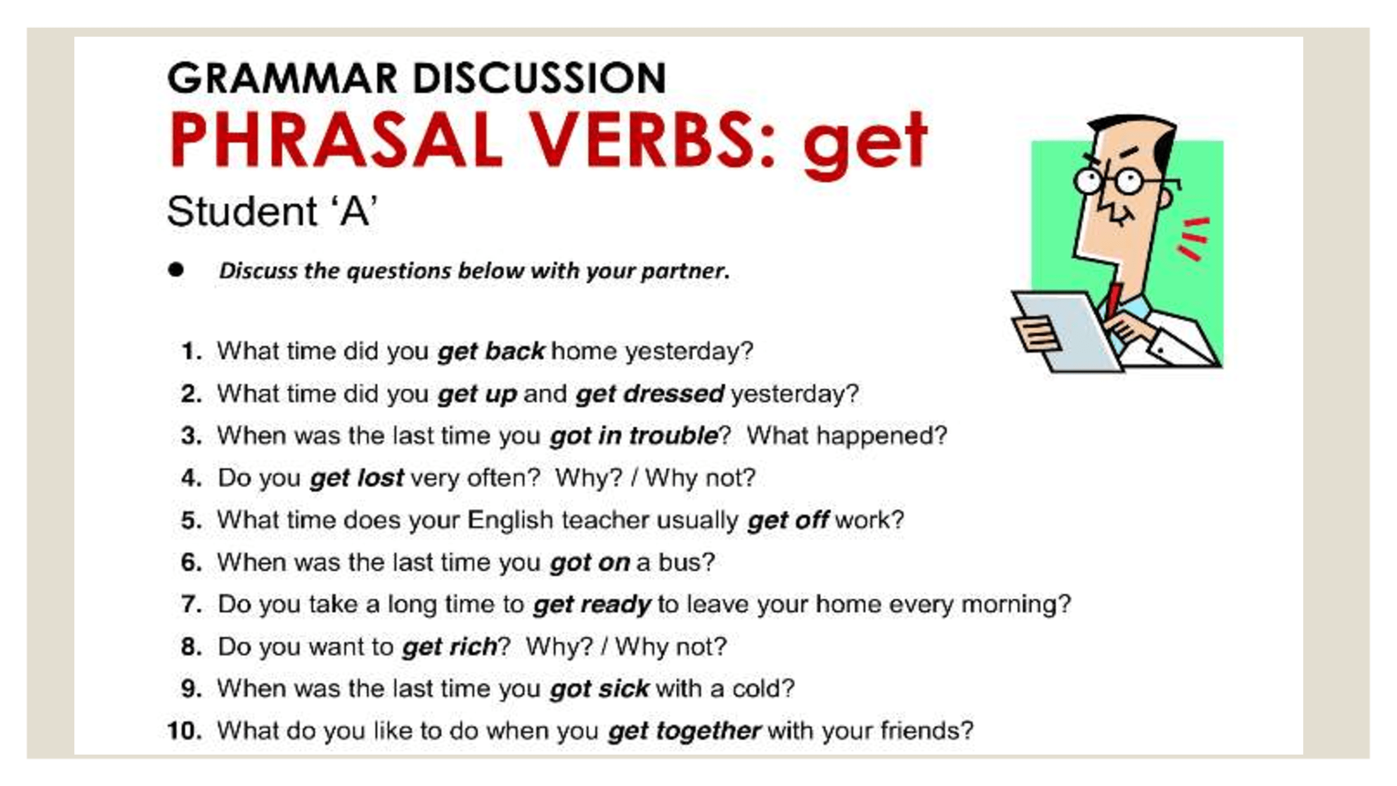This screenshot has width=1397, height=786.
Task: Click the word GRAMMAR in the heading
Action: click(282, 78)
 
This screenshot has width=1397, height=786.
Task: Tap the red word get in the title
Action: click(865, 145)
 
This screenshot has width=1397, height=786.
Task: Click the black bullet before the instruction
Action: click(175, 269)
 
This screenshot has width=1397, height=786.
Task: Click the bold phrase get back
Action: click(491, 352)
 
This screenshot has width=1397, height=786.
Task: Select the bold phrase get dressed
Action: click(650, 394)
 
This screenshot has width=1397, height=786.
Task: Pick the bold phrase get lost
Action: click(357, 478)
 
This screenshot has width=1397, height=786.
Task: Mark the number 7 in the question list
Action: click(191, 604)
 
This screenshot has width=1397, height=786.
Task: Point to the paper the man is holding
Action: click(1066, 331)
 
